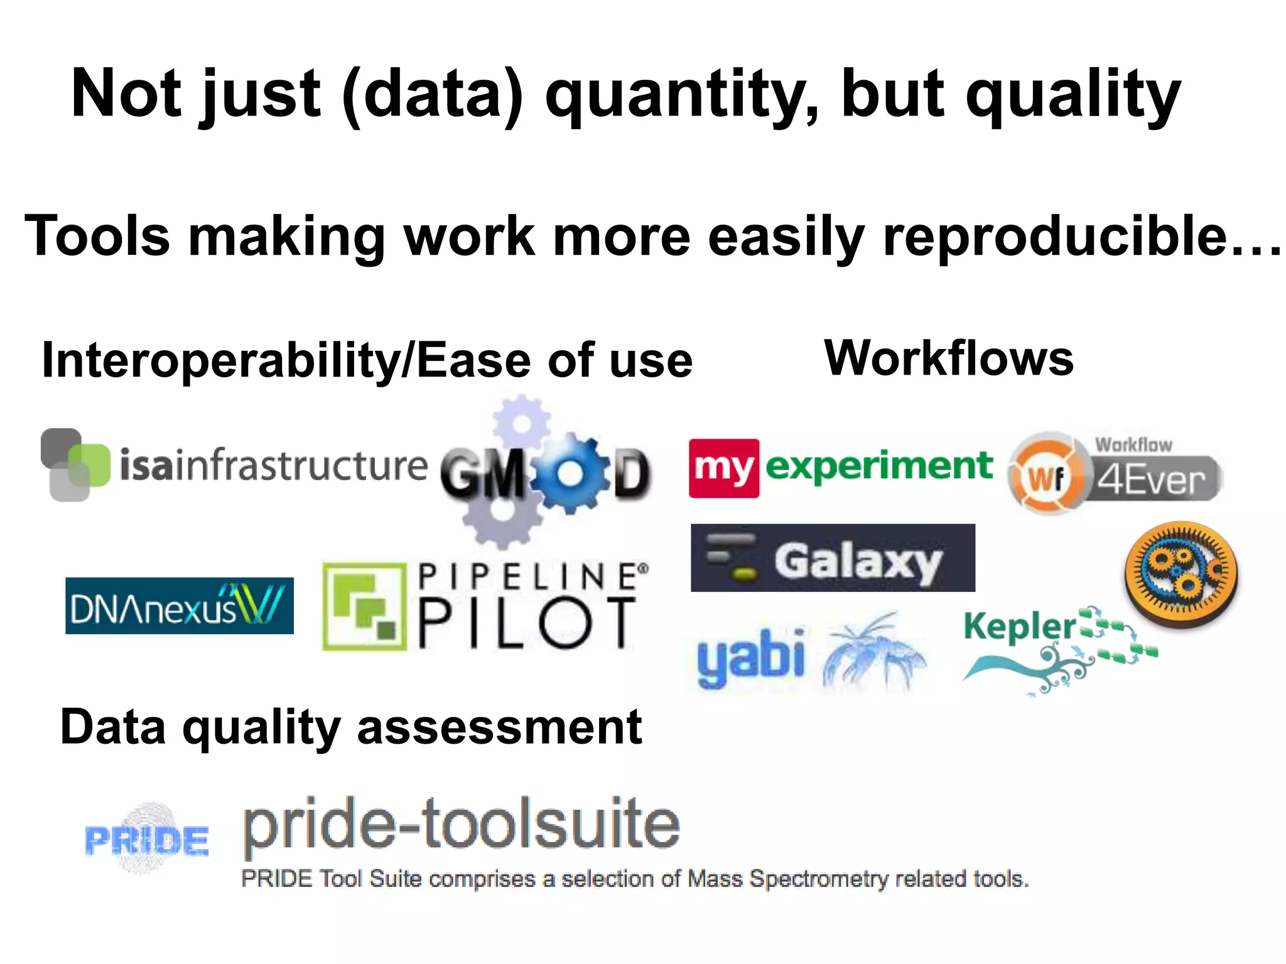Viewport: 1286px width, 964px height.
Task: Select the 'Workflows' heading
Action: pos(949,358)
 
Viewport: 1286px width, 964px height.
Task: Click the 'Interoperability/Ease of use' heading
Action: pos(367,361)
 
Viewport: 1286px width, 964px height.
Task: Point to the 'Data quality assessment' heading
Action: pos(351,727)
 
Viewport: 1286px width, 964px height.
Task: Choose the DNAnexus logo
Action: pos(180,606)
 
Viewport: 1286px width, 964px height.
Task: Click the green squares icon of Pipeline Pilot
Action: pos(365,606)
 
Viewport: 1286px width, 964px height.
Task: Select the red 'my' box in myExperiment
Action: pos(724,468)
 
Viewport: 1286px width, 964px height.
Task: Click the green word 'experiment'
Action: pos(879,466)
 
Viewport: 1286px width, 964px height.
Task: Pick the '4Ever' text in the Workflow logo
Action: pos(1151,481)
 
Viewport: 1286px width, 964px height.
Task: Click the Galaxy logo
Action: pos(833,558)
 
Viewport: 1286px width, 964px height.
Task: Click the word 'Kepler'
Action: pos(1020,626)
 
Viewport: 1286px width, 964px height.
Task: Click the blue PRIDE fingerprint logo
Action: pos(147,839)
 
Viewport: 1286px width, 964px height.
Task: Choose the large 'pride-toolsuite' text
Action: pos(462,824)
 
